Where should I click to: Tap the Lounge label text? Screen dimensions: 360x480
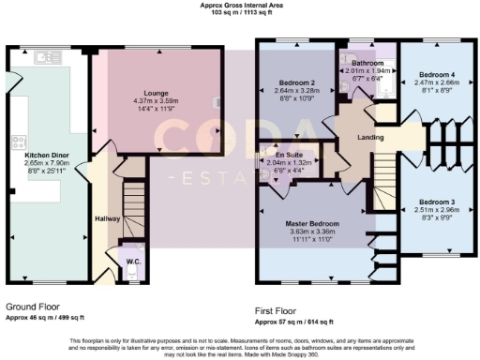click(x=164, y=94)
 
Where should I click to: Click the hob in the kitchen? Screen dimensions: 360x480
click(x=17, y=143)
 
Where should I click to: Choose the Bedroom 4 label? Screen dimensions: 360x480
click(x=436, y=74)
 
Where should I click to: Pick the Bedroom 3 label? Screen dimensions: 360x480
click(x=438, y=202)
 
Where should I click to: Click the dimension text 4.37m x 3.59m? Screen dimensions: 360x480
click(x=164, y=101)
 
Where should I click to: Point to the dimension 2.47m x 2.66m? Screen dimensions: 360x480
click(x=436, y=82)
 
